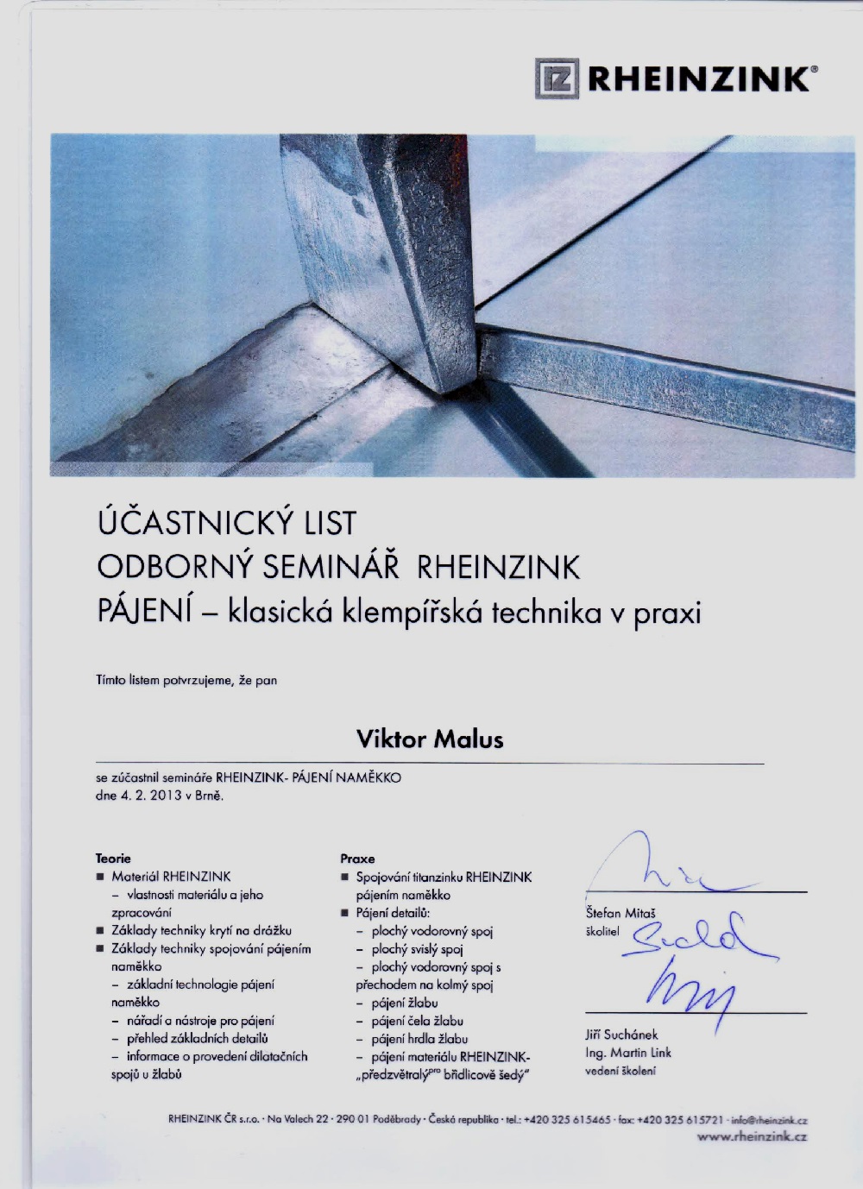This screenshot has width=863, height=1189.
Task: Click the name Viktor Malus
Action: [430, 739]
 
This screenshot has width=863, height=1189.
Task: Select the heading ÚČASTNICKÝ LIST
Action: [226, 523]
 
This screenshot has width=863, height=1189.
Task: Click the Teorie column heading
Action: [113, 859]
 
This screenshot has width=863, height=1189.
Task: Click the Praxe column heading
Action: [357, 859]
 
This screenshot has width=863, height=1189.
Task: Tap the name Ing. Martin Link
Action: [627, 1053]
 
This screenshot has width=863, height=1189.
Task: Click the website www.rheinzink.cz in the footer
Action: [752, 1137]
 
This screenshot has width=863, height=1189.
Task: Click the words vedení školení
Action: [620, 1071]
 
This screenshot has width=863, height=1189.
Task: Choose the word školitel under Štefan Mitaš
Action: [602, 931]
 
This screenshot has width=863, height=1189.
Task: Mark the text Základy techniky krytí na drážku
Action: [201, 930]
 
